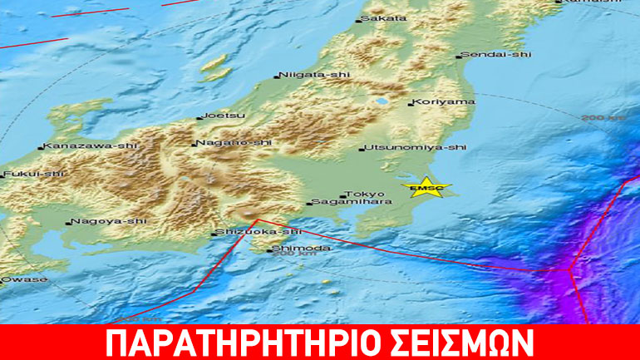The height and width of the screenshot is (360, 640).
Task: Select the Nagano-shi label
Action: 234,143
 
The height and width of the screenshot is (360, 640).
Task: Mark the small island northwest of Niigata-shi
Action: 216,65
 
